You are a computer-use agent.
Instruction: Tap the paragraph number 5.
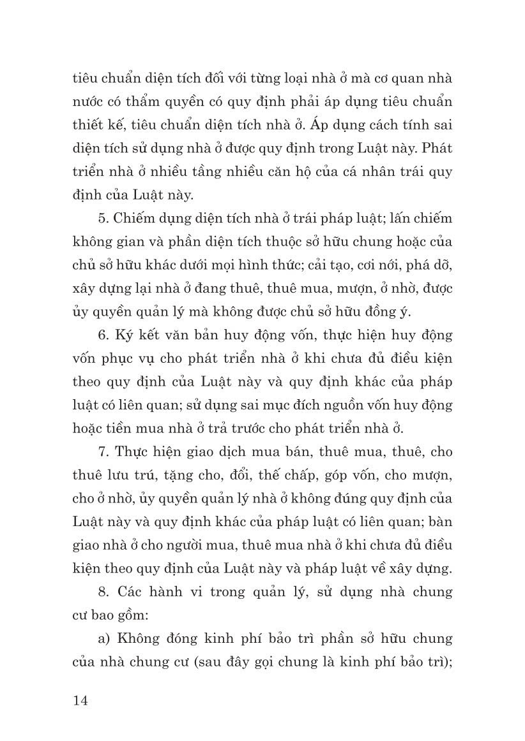pyautogui.click(x=103, y=219)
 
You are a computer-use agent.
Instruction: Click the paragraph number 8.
pyautogui.click(x=103, y=591)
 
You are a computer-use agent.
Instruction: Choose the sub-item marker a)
pyautogui.click(x=104, y=638)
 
